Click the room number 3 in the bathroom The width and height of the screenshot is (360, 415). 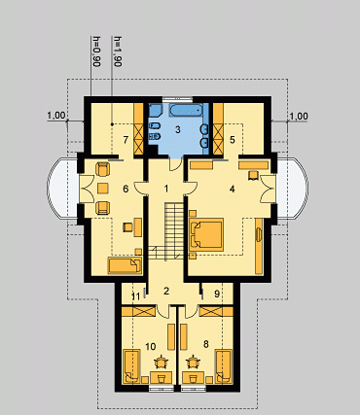pyautogui.click(x=177, y=129)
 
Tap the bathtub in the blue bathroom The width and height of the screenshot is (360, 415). pyautogui.click(x=187, y=110)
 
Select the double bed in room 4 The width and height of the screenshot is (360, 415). pyautogui.click(x=206, y=234)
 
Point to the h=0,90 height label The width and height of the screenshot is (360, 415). pyautogui.click(x=95, y=51)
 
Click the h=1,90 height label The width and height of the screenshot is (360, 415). pyautogui.click(x=118, y=51)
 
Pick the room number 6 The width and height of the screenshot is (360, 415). pyautogui.click(x=126, y=189)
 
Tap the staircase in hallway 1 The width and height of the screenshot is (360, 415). pyautogui.click(x=166, y=230)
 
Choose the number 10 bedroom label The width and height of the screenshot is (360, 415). pyautogui.click(x=151, y=347)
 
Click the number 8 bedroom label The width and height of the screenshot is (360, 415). pyautogui.click(x=205, y=344)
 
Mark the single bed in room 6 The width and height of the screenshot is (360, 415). pyautogui.click(x=126, y=265)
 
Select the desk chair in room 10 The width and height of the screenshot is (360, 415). pyautogui.click(x=161, y=362)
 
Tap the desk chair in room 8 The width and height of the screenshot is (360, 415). pyautogui.click(x=194, y=362)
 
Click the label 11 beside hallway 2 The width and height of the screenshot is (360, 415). pyautogui.click(x=136, y=296)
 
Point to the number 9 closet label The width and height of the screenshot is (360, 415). pyautogui.click(x=217, y=294)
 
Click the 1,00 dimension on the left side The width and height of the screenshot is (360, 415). pyautogui.click(x=56, y=115)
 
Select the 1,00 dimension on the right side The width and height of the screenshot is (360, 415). pyautogui.click(x=299, y=116)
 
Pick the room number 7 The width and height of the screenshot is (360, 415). pyautogui.click(x=126, y=140)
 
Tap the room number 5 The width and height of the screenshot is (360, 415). pyautogui.click(x=233, y=140)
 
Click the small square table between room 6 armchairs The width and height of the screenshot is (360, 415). pyautogui.click(x=102, y=188)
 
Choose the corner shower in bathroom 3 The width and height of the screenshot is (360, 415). pyautogui.click(x=155, y=110)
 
